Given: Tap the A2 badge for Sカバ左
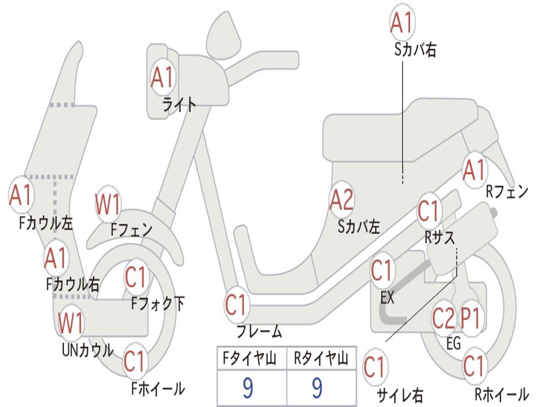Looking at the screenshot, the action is (342, 200).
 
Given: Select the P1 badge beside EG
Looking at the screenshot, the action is (471, 318).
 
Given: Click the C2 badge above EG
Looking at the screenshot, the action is (444, 318).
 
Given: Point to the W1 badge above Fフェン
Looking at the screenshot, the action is (108, 204).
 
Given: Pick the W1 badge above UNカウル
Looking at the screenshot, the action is (71, 323).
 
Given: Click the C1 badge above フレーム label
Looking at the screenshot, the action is (237, 305).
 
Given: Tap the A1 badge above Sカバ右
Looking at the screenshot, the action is (402, 22).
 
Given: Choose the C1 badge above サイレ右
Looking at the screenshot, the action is (375, 367).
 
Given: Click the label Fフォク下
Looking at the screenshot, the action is (158, 304).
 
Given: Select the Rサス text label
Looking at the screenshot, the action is (440, 237).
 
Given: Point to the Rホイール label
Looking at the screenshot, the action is (502, 394).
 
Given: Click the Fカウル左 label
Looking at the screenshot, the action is (46, 223).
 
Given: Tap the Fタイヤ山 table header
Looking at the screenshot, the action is (250, 358).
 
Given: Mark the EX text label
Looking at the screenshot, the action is (387, 298).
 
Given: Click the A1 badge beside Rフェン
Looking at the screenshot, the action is (475, 170).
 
